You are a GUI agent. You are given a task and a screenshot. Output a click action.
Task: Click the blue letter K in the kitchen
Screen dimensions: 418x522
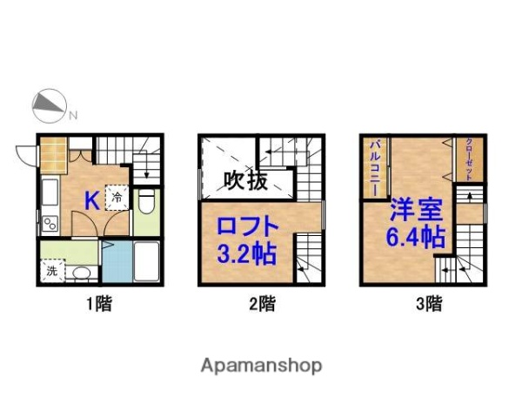(x=91, y=200)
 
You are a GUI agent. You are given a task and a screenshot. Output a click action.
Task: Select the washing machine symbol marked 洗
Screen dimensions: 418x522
(x=51, y=270)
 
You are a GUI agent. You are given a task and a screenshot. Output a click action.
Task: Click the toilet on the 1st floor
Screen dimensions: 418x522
(x=145, y=205)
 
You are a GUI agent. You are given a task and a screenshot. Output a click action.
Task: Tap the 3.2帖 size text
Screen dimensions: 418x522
(x=247, y=255)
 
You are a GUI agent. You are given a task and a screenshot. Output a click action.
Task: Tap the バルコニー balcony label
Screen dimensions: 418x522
(x=374, y=165)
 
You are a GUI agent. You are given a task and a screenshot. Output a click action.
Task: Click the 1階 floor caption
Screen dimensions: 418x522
(x=97, y=305)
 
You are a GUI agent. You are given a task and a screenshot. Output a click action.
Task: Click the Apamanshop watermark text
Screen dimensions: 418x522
(x=261, y=365)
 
